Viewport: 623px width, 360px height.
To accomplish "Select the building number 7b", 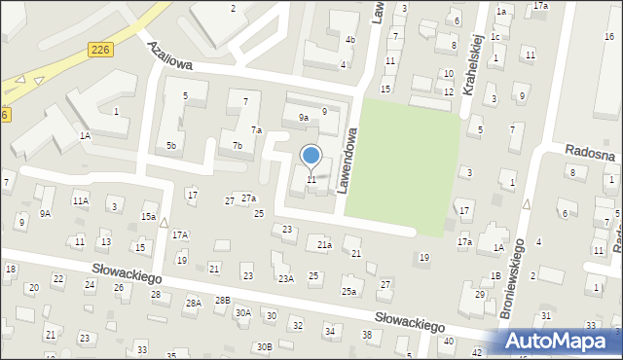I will click(237, 146).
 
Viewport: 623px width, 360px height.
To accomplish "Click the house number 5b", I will click(171, 146).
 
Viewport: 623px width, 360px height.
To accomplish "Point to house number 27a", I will click(249, 198).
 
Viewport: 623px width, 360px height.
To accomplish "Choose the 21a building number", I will click(324, 245).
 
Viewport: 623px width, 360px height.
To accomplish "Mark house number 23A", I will click(286, 278).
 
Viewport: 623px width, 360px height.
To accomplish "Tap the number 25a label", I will click(348, 291).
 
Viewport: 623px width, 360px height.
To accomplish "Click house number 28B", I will click(223, 301).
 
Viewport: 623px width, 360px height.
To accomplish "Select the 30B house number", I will click(264, 346).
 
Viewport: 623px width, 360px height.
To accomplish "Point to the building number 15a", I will click(148, 216).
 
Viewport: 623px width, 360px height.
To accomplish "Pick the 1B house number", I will click(495, 276).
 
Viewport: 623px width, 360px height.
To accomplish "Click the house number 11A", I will click(80, 201).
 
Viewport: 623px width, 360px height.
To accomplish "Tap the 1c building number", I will click(495, 37).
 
